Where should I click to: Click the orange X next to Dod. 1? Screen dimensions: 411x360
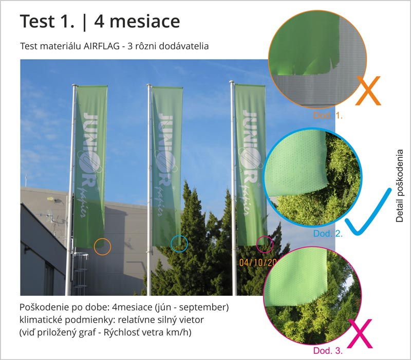click(368, 91)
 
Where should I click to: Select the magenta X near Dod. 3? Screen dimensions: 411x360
click(360, 334)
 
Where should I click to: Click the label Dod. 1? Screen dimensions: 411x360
click(328, 115)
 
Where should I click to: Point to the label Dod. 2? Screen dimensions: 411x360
click(328, 233)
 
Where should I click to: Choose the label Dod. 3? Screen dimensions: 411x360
click(328, 351)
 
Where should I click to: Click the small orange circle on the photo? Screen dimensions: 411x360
click(102, 255)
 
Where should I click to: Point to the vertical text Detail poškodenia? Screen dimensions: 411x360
click(400, 186)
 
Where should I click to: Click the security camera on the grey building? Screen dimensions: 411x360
click(53, 200)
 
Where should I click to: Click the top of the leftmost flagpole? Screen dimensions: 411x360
click(74, 85)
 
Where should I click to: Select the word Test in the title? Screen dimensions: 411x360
click(37, 22)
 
